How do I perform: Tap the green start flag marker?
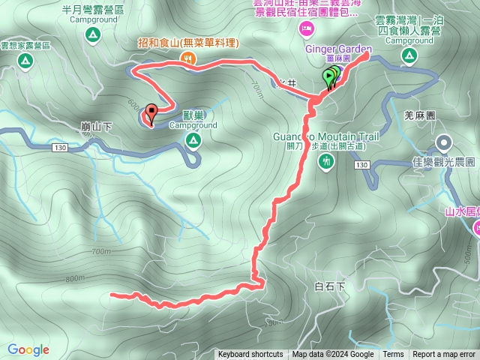click(328, 76)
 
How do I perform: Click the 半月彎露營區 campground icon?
click(92, 36)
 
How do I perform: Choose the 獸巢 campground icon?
click(193, 140)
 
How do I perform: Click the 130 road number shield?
click(60, 149)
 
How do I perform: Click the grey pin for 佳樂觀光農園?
click(444, 142)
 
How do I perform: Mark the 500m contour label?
click(469, 258)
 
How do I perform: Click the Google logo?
click(28, 349)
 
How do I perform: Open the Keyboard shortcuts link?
click(250, 355)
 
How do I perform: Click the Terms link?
click(393, 355)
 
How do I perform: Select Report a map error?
click(444, 355)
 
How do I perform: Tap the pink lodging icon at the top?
click(307, 28)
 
